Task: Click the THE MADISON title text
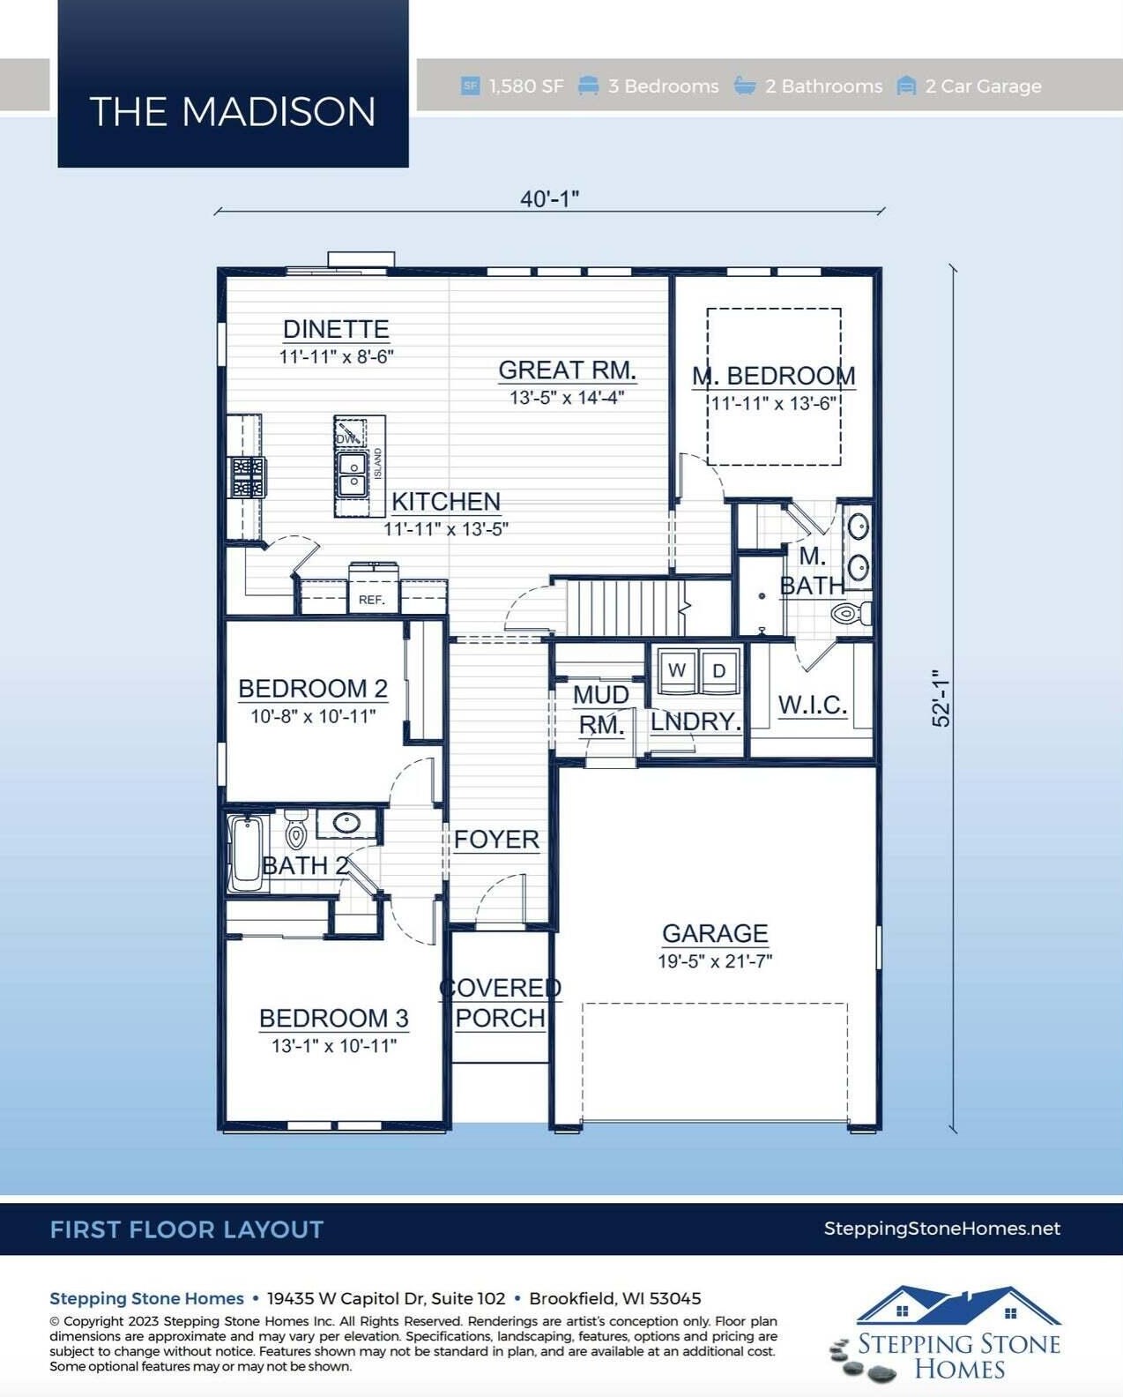click(x=232, y=111)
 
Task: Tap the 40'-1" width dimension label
click(x=549, y=198)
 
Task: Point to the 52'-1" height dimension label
click(x=941, y=698)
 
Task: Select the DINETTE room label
click(x=336, y=329)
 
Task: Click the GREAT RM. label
click(x=567, y=370)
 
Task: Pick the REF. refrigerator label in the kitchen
click(x=372, y=600)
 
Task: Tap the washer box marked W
click(x=677, y=670)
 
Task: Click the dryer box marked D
click(x=718, y=670)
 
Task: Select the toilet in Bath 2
click(x=296, y=828)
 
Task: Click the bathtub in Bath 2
click(x=246, y=853)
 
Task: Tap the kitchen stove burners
click(x=248, y=477)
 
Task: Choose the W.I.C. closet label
click(x=812, y=705)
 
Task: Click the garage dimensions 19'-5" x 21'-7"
click(x=715, y=960)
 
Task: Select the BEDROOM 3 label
click(x=333, y=1018)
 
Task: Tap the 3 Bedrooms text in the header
click(x=663, y=86)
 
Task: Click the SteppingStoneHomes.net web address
click(x=942, y=1229)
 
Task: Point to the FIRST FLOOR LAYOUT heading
click(x=187, y=1229)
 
